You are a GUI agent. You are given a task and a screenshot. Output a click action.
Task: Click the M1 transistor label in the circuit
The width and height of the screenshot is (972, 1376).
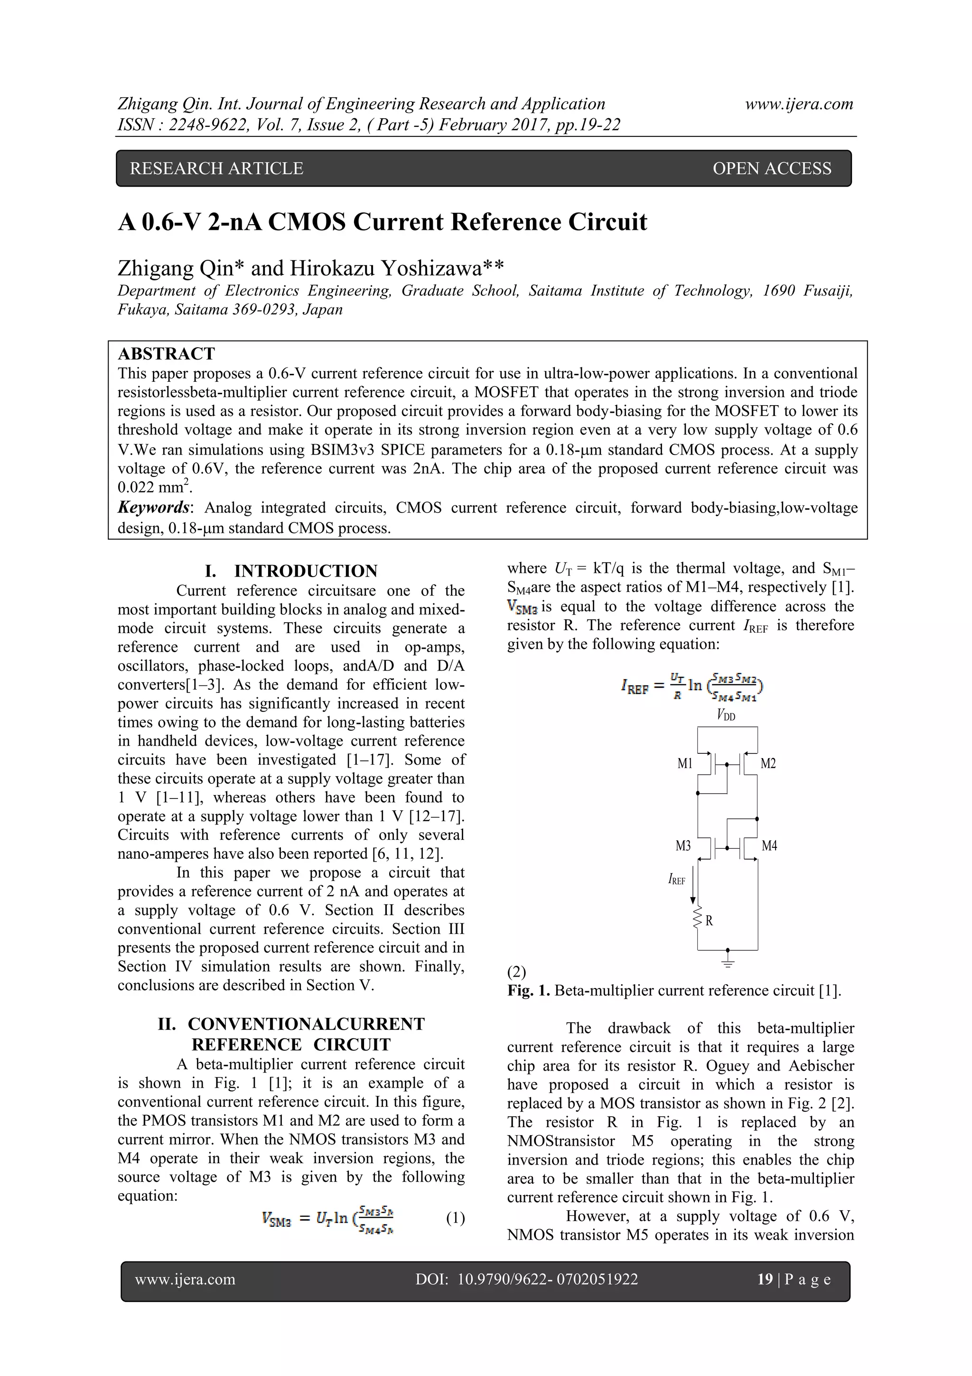click(x=684, y=763)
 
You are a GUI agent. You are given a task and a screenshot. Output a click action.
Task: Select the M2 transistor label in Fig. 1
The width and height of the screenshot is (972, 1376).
click(x=768, y=763)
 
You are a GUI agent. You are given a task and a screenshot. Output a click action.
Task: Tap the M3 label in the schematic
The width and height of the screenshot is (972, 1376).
click(x=683, y=845)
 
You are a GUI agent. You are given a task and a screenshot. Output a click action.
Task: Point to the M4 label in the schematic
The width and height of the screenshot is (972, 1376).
click(x=769, y=845)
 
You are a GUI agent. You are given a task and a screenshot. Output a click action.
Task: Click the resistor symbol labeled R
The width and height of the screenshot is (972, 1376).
click(x=698, y=920)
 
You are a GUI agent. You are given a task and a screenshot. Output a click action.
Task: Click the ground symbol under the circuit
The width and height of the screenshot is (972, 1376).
click(x=728, y=962)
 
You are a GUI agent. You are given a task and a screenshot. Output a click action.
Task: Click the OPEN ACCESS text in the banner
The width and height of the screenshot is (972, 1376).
click(x=771, y=169)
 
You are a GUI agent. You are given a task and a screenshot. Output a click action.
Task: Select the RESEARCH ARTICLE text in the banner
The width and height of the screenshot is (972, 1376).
click(x=216, y=169)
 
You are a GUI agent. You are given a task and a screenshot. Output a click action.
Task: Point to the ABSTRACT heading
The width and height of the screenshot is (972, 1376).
click(x=166, y=353)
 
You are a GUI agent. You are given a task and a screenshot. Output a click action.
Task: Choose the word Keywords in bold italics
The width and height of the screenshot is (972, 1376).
click(x=153, y=508)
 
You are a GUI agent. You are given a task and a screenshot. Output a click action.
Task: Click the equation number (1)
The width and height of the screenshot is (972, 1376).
click(x=455, y=1218)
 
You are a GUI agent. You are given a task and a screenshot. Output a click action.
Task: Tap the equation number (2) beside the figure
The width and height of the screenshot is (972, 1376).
click(x=517, y=971)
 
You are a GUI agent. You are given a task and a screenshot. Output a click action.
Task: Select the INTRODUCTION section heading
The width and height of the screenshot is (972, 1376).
click(x=306, y=570)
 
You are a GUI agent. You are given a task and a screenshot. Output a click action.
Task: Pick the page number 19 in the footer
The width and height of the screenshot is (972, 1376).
click(x=765, y=1280)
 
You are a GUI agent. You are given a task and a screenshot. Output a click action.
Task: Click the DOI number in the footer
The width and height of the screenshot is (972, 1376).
click(x=547, y=1280)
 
